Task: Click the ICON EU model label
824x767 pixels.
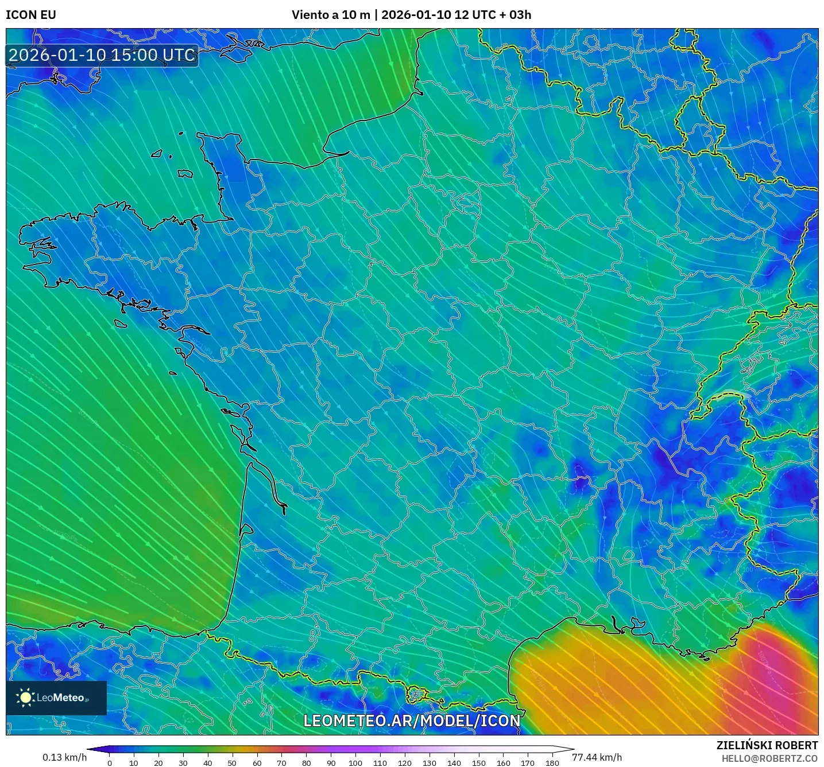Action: (31, 15)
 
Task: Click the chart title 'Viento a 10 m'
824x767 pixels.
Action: (331, 15)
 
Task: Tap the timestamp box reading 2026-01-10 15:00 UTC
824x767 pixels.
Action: (102, 55)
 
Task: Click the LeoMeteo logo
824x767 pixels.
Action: (56, 698)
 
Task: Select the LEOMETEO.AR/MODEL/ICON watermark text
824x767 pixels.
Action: (411, 721)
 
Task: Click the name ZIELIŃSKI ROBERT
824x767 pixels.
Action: (767, 745)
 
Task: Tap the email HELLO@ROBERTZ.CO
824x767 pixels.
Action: (769, 758)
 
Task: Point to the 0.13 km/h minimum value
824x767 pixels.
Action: (64, 757)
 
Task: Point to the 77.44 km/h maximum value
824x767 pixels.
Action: (597, 757)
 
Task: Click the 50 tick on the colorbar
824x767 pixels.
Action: (232, 762)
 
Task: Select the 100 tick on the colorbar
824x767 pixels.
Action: (355, 762)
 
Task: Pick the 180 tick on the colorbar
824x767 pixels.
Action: (552, 762)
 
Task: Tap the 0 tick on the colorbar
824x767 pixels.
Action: (109, 762)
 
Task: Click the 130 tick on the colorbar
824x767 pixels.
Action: (430, 762)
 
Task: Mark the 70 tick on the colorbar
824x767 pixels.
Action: (281, 762)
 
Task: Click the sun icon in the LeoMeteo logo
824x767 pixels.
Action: (26, 698)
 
